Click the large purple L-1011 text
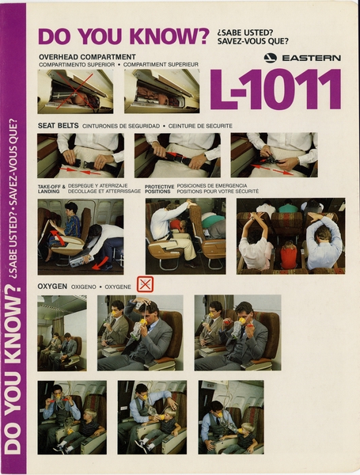(275, 89)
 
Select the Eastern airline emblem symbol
(271, 58)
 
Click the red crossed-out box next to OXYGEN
(145, 284)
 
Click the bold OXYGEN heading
(52, 285)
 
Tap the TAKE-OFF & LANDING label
(50, 188)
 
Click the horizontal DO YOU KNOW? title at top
(123, 36)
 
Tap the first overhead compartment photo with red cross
(75, 91)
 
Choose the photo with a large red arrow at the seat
(80, 235)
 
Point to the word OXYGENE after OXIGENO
(118, 285)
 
